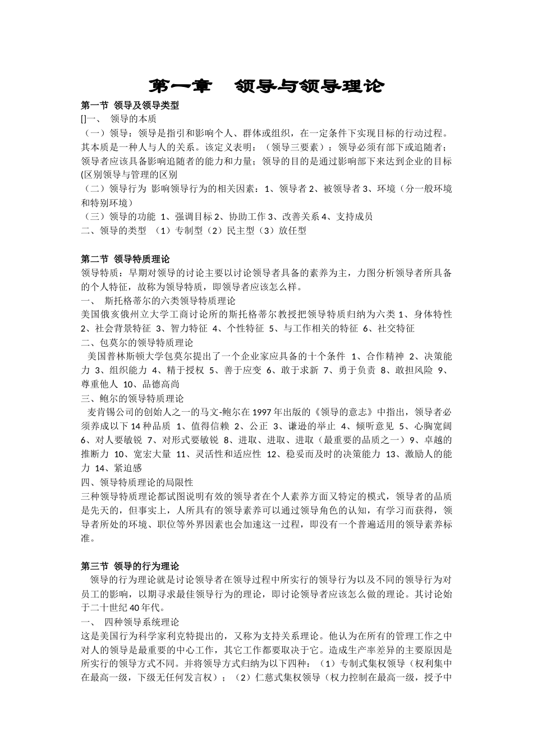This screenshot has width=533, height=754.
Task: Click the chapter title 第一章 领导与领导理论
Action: pyautogui.click(x=266, y=85)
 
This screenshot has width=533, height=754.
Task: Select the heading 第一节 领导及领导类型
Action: pyautogui.click(x=130, y=105)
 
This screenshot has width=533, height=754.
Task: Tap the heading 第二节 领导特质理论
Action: pyautogui.click(x=125, y=259)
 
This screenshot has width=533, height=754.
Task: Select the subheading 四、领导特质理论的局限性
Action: pyautogui.click(x=137, y=482)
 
